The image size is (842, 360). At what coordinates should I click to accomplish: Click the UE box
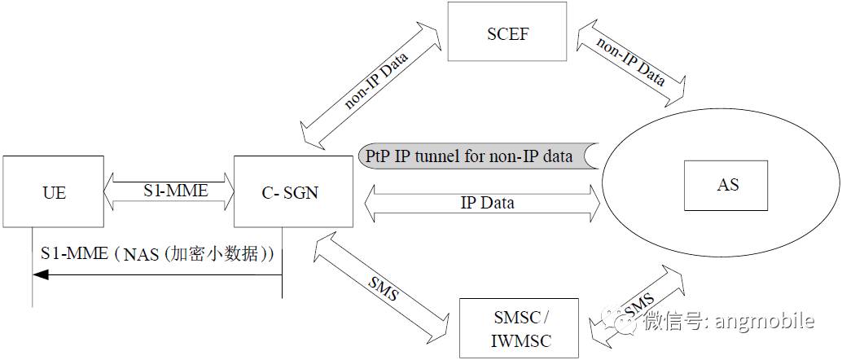click(x=54, y=192)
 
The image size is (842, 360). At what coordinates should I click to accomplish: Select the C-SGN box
click(x=293, y=192)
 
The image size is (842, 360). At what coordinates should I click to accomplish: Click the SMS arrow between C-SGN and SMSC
click(x=382, y=285)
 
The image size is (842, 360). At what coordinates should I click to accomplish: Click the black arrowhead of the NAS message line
click(x=40, y=275)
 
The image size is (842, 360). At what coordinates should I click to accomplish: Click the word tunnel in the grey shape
click(x=455, y=155)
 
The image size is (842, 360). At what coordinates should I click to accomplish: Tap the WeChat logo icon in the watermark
click(x=629, y=323)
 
